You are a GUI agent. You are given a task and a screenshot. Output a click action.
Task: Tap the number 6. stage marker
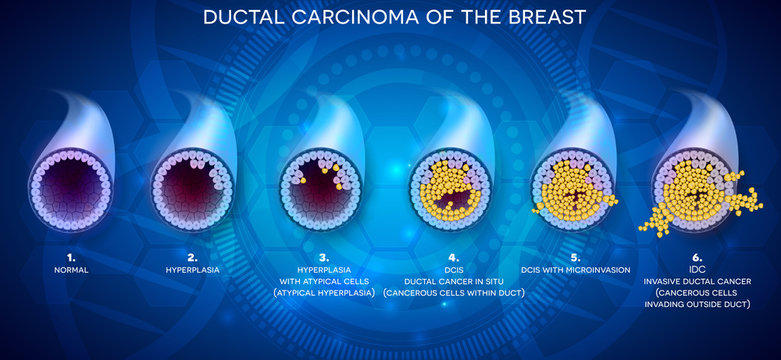(697, 255)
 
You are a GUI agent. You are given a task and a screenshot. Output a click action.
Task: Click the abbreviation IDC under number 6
(697, 269)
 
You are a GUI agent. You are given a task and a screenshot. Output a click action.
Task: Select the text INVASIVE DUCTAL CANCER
(697, 280)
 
